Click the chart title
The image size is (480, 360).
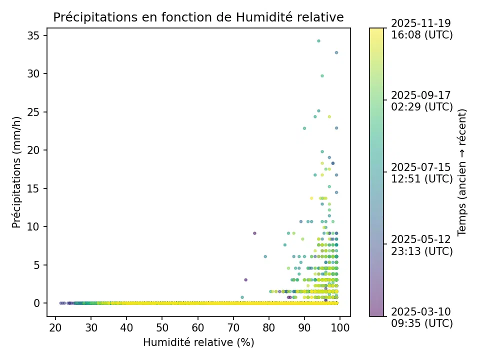(198, 17)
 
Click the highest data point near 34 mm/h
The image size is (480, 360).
(318, 41)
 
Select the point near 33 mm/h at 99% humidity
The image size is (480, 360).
(336, 52)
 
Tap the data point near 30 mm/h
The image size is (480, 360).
(322, 76)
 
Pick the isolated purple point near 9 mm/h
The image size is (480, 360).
(254, 233)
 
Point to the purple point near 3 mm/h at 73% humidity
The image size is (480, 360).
(246, 280)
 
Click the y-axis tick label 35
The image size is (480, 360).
(33, 36)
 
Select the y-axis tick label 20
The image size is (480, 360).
(33, 150)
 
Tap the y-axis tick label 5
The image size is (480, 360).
(36, 265)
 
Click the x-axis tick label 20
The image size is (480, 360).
(55, 328)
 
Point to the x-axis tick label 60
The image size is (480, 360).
(198, 328)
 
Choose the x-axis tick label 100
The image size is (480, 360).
(340, 328)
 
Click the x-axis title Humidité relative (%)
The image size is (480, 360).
(198, 342)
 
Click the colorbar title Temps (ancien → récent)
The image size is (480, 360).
(461, 172)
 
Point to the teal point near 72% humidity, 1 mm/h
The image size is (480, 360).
(242, 297)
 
